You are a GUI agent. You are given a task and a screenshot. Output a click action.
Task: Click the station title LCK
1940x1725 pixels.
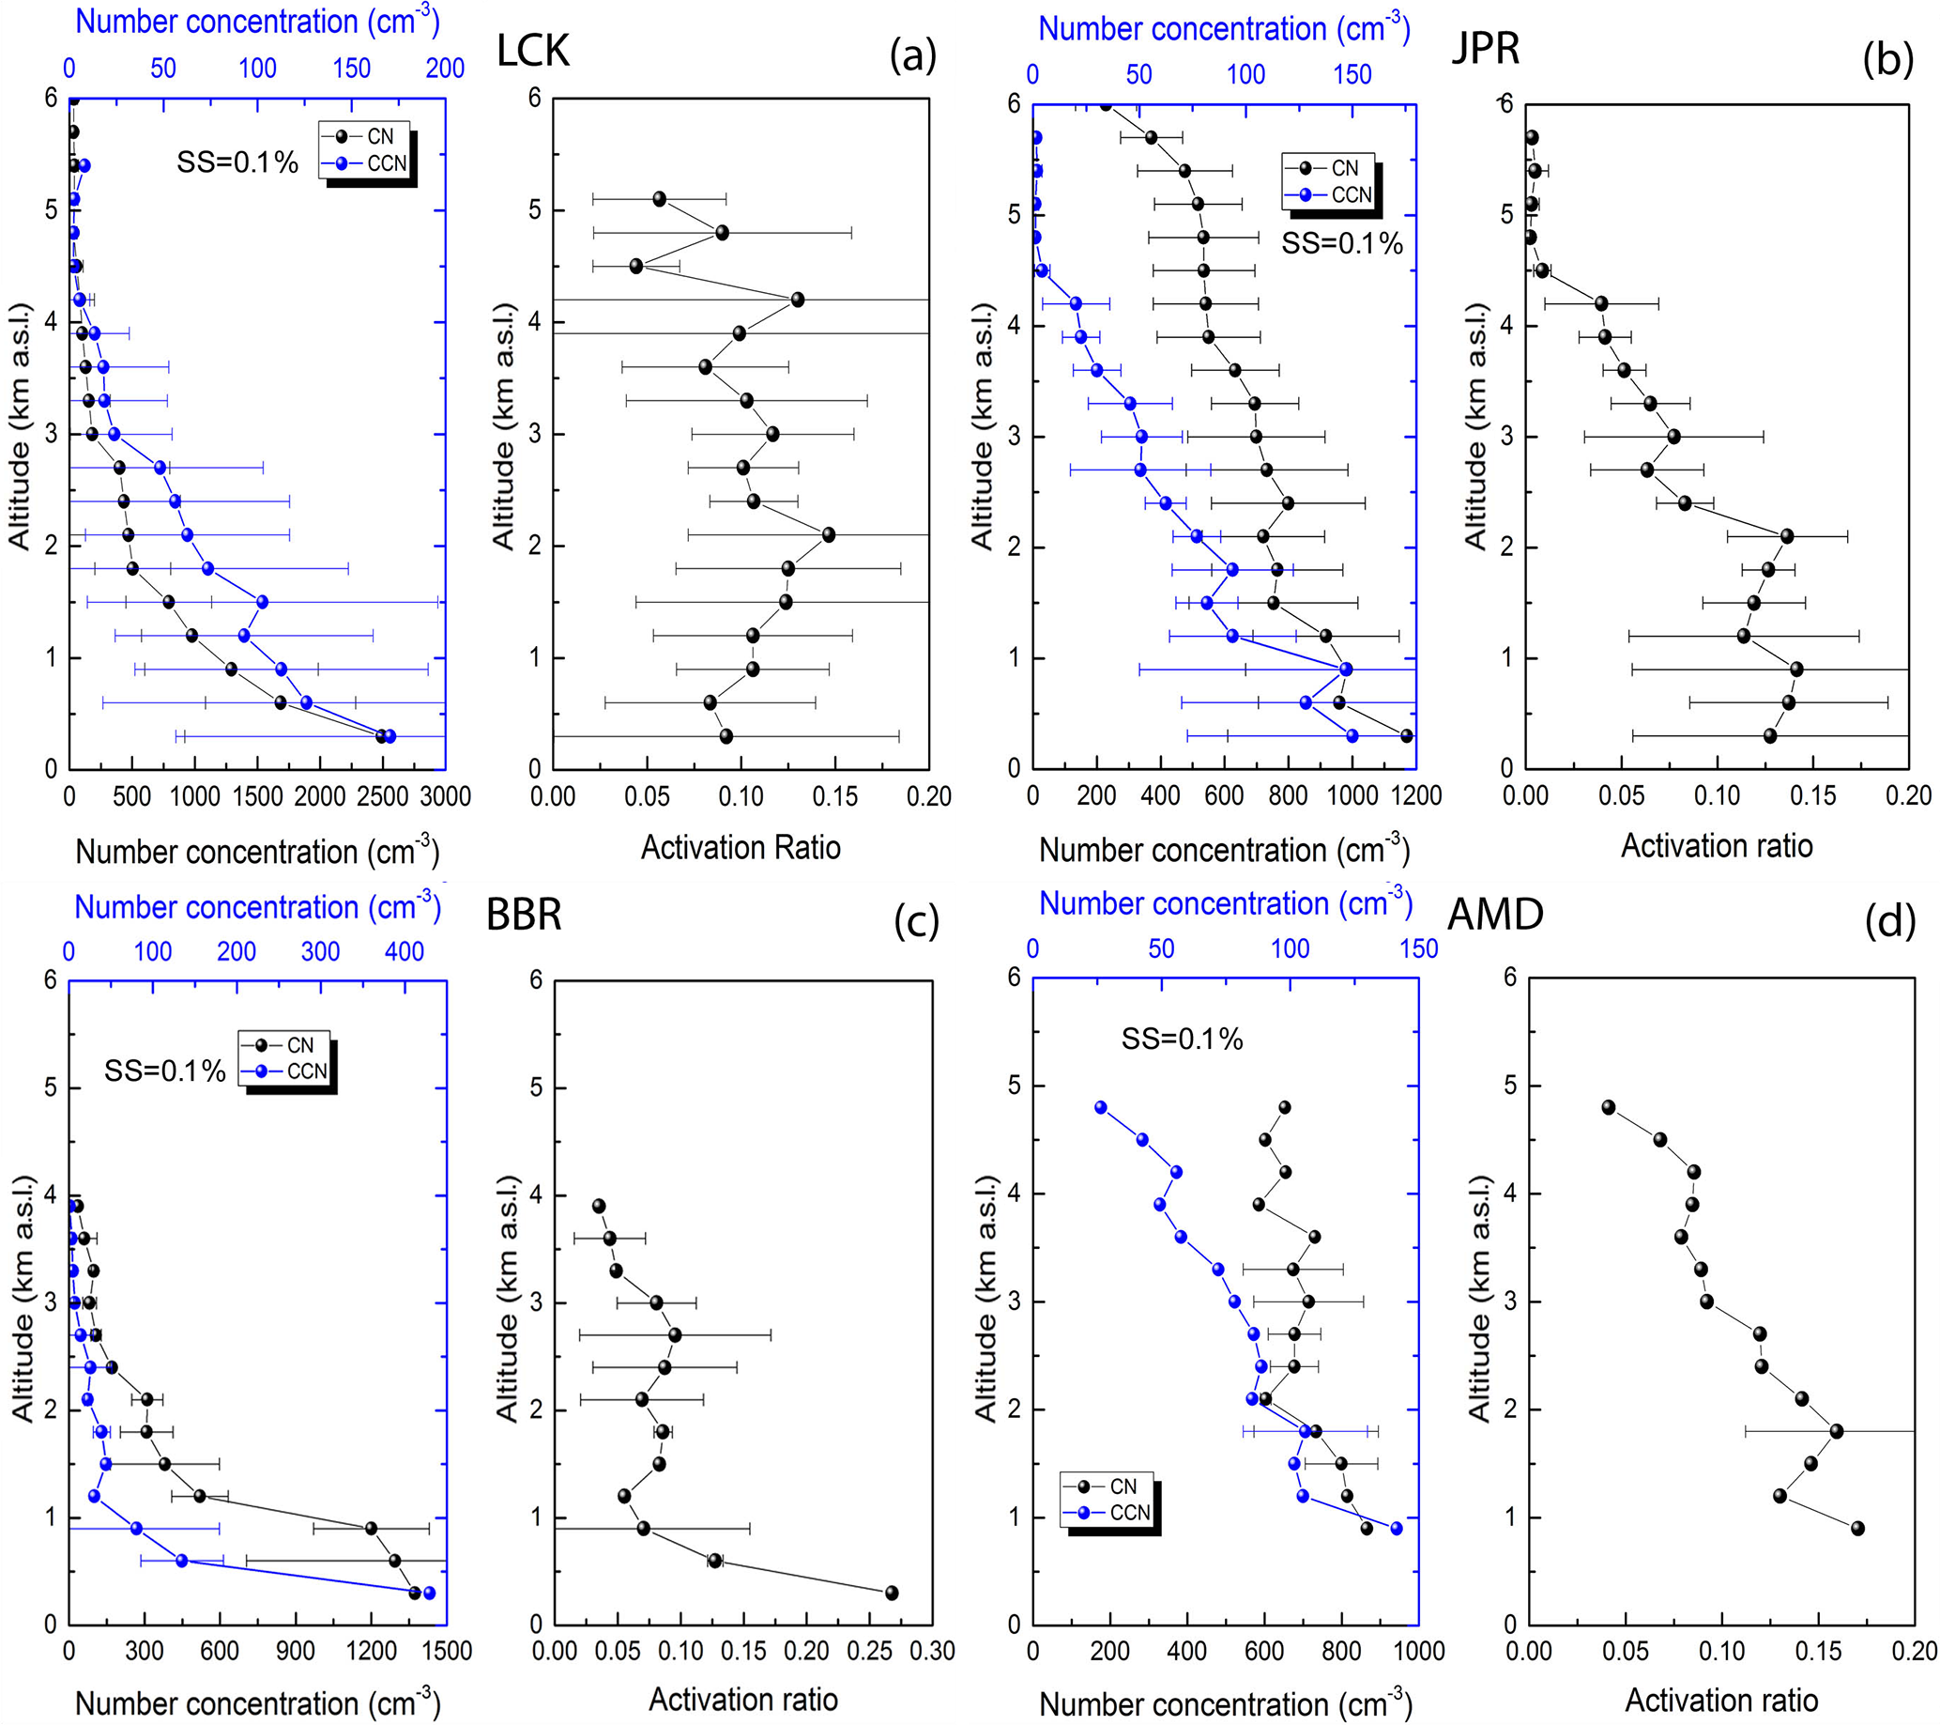533,51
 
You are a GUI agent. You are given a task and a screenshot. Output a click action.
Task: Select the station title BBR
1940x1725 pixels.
524,915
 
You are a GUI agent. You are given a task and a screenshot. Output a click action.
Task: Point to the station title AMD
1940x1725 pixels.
1495,915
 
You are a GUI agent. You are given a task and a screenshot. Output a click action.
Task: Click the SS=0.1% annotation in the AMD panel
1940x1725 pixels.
1182,1039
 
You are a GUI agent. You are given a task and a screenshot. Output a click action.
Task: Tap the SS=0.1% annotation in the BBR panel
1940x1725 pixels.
165,1070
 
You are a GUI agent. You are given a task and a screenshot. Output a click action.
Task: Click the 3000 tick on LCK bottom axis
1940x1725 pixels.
445,796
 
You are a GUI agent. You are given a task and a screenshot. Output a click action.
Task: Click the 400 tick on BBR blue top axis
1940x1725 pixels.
405,951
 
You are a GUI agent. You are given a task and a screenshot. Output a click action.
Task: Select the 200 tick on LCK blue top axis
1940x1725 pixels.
444,69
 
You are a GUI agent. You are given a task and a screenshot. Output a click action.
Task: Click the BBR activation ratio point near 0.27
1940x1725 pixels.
892,1593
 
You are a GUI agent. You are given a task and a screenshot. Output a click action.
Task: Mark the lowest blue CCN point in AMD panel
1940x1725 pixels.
1397,1529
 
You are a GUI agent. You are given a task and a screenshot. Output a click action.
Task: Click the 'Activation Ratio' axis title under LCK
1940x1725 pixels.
741,847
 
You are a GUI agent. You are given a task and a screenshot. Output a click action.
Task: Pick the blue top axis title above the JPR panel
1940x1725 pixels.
1224,29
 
